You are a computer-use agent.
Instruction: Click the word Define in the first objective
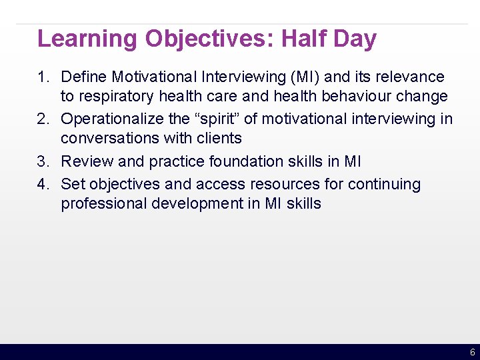pos(83,77)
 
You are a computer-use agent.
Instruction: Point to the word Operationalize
pos(113,119)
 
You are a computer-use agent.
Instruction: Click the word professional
pos(104,204)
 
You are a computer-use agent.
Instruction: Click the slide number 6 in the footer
pos(472,352)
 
